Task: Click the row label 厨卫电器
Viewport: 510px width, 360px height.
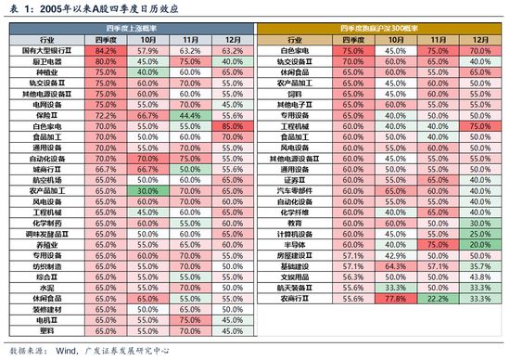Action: click(x=46, y=60)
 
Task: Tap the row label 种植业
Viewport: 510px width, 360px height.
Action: click(x=46, y=71)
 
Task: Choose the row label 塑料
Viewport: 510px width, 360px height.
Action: click(x=46, y=329)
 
